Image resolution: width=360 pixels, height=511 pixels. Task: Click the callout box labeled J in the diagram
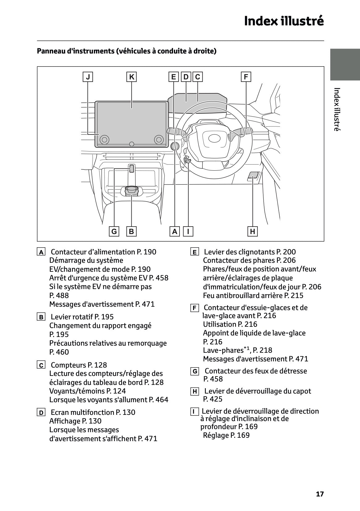pos(88,77)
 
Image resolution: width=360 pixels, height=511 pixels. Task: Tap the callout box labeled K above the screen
pos(132,77)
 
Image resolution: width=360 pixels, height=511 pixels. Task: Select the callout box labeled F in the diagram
pos(246,77)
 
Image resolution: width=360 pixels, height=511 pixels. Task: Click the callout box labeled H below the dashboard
pos(253,231)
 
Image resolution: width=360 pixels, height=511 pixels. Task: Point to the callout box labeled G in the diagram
pos(114,231)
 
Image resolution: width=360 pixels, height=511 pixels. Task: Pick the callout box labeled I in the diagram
pos(188,231)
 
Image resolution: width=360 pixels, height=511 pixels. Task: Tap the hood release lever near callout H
pos(253,176)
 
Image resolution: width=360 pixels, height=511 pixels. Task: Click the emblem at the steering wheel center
pos(213,139)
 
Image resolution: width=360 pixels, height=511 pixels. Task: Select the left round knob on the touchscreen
pos(105,140)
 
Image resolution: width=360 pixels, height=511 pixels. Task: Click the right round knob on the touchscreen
pos(159,140)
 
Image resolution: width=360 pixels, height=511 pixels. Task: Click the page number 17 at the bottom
pos(320,494)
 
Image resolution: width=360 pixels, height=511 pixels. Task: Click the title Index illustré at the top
pos(284,21)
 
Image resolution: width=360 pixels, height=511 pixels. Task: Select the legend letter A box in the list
pos(41,252)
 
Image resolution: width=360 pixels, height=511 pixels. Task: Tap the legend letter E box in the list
pos(194,252)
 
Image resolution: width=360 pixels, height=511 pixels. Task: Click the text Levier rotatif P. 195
pos(82,317)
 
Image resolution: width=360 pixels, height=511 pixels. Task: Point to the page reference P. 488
pos(59,296)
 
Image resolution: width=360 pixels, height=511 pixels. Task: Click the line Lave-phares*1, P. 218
pos(237,350)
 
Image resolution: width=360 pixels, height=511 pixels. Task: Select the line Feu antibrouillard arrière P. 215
pos(253,296)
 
